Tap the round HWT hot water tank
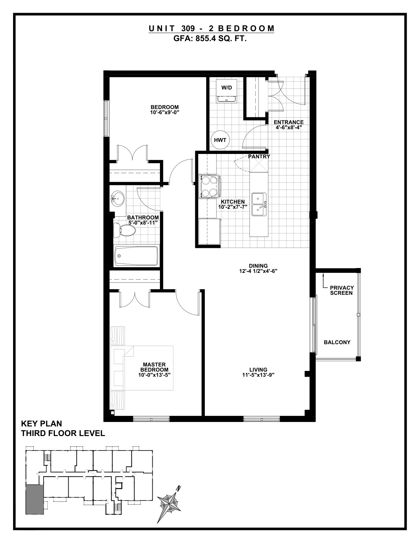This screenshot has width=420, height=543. [x=220, y=140]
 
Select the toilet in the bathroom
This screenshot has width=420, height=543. [x=124, y=230]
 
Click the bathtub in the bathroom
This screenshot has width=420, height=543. [x=136, y=256]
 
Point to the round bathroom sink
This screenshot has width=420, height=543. [x=118, y=198]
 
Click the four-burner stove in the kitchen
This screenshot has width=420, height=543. [x=209, y=186]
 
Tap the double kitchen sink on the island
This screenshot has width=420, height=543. [x=259, y=204]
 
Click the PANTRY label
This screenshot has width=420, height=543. [x=259, y=157]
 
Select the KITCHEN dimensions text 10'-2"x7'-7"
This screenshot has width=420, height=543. [x=233, y=207]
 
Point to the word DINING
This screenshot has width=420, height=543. [x=258, y=266]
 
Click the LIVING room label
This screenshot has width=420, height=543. [x=258, y=370]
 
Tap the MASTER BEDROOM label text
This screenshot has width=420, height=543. [x=154, y=367]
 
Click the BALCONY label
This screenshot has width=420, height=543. [x=337, y=342]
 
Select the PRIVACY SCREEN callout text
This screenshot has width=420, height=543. [x=341, y=290]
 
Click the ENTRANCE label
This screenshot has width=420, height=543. [x=289, y=122]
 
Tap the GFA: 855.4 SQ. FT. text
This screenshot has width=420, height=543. [x=210, y=38]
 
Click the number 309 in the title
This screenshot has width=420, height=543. [x=188, y=28]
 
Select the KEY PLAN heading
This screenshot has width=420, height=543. [x=42, y=424]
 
